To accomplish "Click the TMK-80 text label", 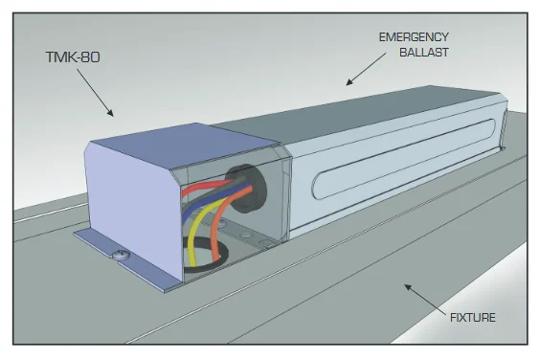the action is coord(73,57).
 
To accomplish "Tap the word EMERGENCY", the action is coord(414,37).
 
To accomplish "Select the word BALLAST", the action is coord(424,53).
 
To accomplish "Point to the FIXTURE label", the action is coord(473,317).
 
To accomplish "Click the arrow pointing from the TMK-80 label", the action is coord(95,93).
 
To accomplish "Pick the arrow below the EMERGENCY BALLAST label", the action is coord(366,69).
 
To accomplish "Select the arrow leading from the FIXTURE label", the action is coord(425,299).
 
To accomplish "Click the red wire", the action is coord(203,187).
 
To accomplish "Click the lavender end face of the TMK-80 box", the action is coord(133,206).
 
